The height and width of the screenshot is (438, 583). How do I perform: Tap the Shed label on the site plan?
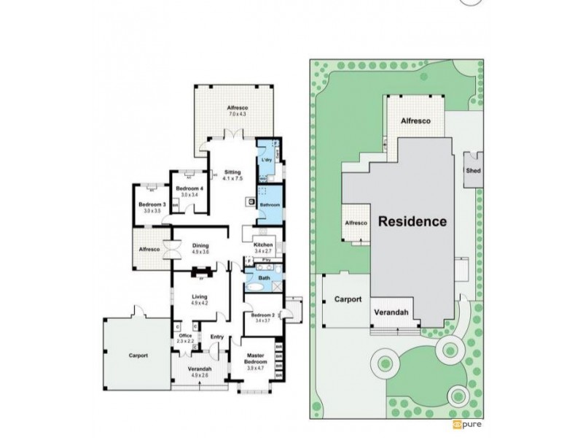pyautogui.click(x=472, y=172)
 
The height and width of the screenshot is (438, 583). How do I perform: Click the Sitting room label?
pyautogui.click(x=232, y=172)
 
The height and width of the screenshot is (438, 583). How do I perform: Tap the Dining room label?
pyautogui.click(x=200, y=245)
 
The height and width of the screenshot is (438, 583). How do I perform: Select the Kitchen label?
pyautogui.click(x=262, y=245)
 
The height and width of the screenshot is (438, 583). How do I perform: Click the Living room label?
pyautogui.click(x=200, y=297)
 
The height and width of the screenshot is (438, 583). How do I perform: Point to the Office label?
pyautogui.click(x=185, y=335)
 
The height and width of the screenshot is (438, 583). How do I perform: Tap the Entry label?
pyautogui.click(x=216, y=337)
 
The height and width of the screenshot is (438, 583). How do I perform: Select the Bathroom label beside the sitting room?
pyautogui.click(x=269, y=205)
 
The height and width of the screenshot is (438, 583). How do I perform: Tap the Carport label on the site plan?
pyautogui.click(x=348, y=299)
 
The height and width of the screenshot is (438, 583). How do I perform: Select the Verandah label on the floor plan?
pyautogui.click(x=200, y=369)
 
